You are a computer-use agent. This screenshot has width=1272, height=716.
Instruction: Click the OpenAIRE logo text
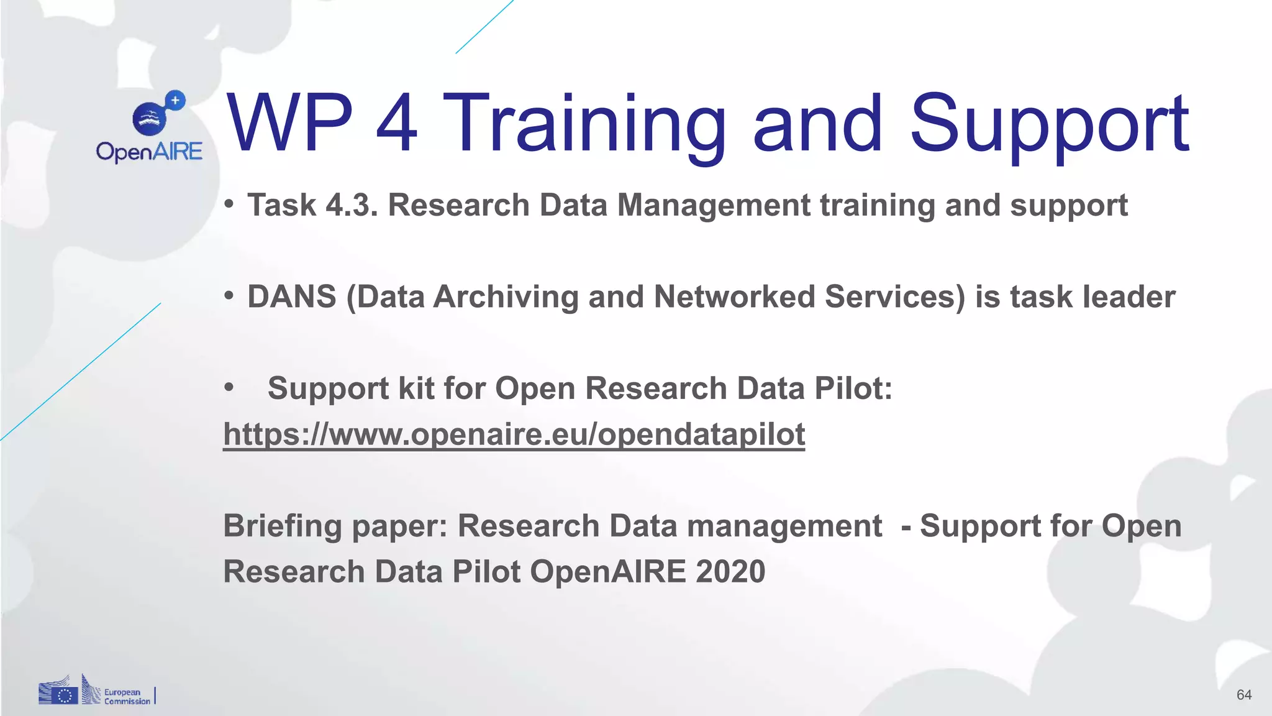coord(149,152)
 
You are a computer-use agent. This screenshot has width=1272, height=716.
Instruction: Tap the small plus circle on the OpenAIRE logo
coord(176,100)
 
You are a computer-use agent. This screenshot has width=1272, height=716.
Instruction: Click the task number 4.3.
coord(352,205)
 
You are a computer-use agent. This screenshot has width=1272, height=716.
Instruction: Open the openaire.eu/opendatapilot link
coord(514,434)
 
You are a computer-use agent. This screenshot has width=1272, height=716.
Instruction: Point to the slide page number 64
coord(1243,695)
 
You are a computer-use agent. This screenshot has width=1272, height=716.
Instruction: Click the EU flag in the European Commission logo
coord(65,695)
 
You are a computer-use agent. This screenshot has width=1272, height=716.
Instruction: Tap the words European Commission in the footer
coord(127,697)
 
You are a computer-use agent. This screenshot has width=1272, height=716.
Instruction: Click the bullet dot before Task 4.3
coord(229,204)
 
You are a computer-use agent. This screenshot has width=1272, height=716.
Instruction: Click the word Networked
coord(734,296)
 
